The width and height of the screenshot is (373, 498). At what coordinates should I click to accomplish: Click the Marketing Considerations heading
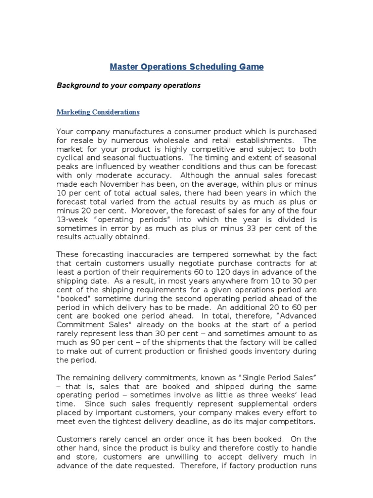pyautogui.click(x=98, y=112)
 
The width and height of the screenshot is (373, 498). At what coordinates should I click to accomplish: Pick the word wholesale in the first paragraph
pyautogui.click(x=176, y=141)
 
